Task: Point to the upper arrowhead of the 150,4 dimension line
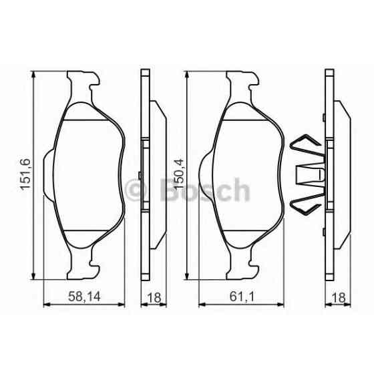click(188, 75)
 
